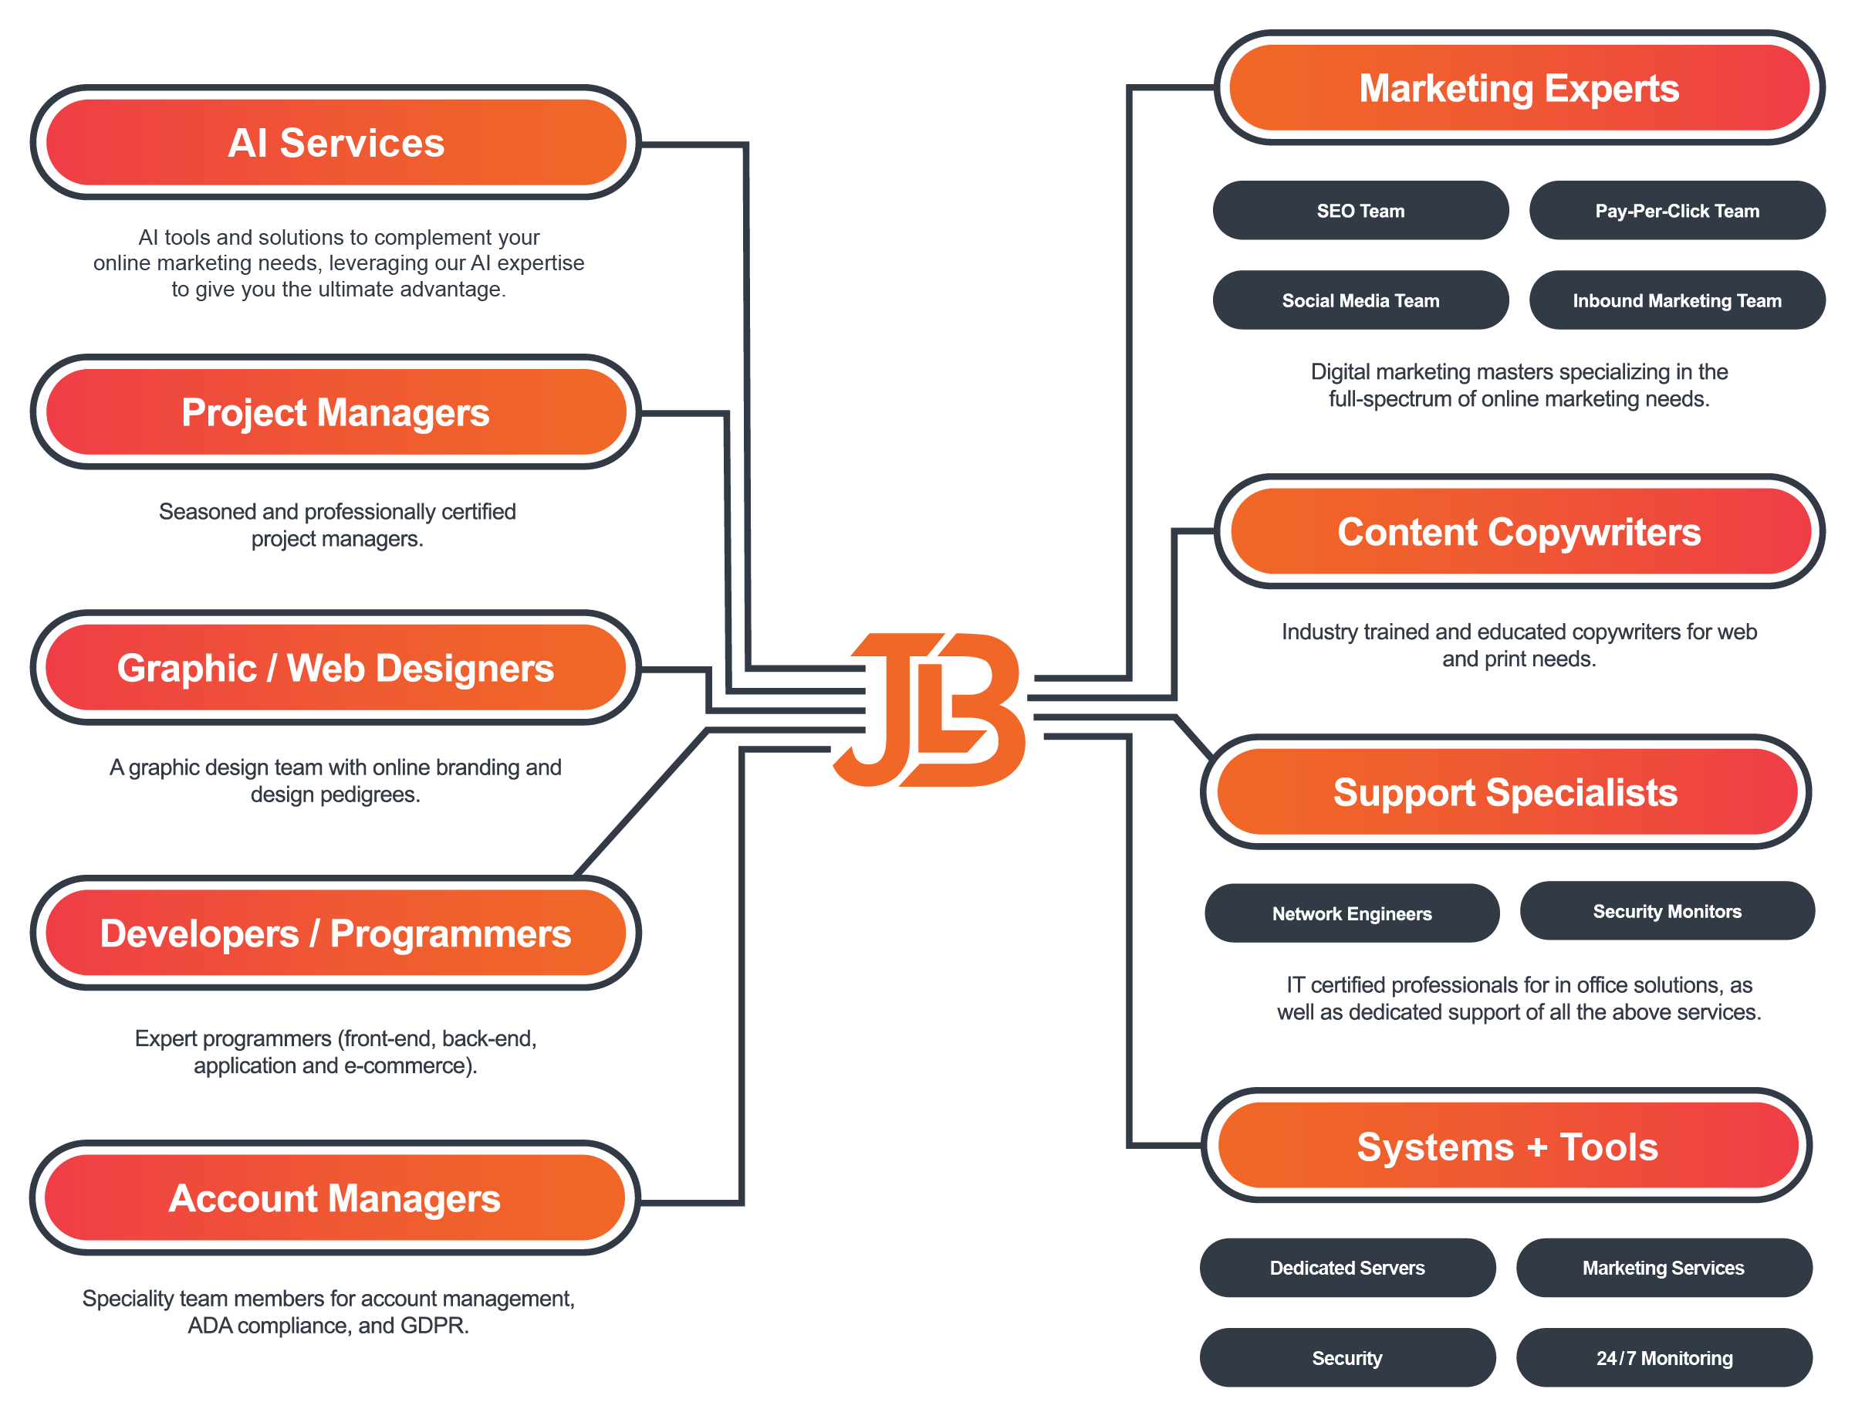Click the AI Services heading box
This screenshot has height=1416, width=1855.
click(x=336, y=142)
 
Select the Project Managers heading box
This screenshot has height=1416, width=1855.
click(x=336, y=412)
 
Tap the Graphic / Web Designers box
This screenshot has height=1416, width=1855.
click(x=336, y=668)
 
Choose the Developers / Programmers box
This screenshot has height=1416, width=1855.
click(x=336, y=933)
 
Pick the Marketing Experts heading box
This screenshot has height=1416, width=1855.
click(x=1519, y=88)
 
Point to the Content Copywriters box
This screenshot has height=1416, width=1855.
click(x=1519, y=532)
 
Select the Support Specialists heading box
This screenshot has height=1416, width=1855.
click(x=1505, y=792)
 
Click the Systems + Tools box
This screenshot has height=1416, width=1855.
click(x=1507, y=1147)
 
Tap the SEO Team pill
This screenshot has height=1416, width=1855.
click(x=1360, y=211)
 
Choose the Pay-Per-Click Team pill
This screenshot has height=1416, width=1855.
click(x=1677, y=211)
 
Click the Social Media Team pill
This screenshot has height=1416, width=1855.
click(x=1360, y=300)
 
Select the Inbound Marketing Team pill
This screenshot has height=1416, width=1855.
click(x=1677, y=300)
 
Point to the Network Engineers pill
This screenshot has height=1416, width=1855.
click(x=1351, y=913)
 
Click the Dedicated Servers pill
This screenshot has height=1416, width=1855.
click(x=1347, y=1267)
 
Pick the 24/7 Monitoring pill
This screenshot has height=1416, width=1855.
click(x=1664, y=1357)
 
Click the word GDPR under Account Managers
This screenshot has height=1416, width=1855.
click(x=433, y=1325)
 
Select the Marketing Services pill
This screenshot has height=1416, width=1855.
click(x=1663, y=1267)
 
